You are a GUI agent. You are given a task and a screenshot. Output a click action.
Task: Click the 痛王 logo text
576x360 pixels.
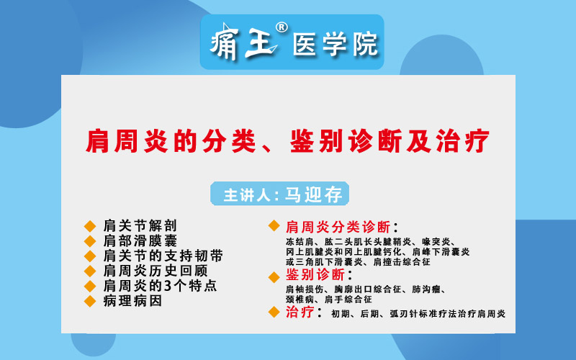pos(243,42)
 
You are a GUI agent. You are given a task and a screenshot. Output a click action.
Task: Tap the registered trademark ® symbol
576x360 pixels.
pos(282,28)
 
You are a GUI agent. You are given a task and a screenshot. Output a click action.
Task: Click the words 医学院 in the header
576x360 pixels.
pos(335,45)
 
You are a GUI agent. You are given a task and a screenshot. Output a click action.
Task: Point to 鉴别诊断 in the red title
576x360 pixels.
pos(347,141)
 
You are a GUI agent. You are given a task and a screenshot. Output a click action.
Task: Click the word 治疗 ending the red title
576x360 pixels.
pos(463,141)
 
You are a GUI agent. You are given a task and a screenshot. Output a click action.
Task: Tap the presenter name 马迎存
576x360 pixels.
pos(313,194)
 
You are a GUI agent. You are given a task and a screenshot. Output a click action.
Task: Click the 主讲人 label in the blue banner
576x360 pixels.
pos(247,195)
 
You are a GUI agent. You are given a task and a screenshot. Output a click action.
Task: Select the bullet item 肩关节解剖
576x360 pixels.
pos(140,225)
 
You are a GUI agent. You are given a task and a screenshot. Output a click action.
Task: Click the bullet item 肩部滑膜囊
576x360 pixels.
pos(140,240)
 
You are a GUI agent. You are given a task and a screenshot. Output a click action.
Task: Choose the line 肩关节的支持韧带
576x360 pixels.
pos(163,256)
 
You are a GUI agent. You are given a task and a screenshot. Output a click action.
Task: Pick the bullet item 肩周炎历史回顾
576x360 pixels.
pos(156,271)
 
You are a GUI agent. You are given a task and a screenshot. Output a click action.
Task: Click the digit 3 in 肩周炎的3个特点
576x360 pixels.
pos(168,286)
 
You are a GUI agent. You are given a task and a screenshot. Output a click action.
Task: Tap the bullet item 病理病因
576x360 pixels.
pos(132,301)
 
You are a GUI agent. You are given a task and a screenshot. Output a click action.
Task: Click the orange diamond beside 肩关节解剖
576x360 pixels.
pos(90,226)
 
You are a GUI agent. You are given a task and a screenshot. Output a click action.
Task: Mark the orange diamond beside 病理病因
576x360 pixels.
pos(90,301)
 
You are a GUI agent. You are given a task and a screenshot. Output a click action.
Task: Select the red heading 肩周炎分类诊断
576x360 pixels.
pos(338,227)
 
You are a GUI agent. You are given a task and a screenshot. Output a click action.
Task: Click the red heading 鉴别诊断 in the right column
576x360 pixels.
pos(315,275)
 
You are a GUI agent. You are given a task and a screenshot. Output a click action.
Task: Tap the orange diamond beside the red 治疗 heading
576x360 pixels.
pos(274,312)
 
